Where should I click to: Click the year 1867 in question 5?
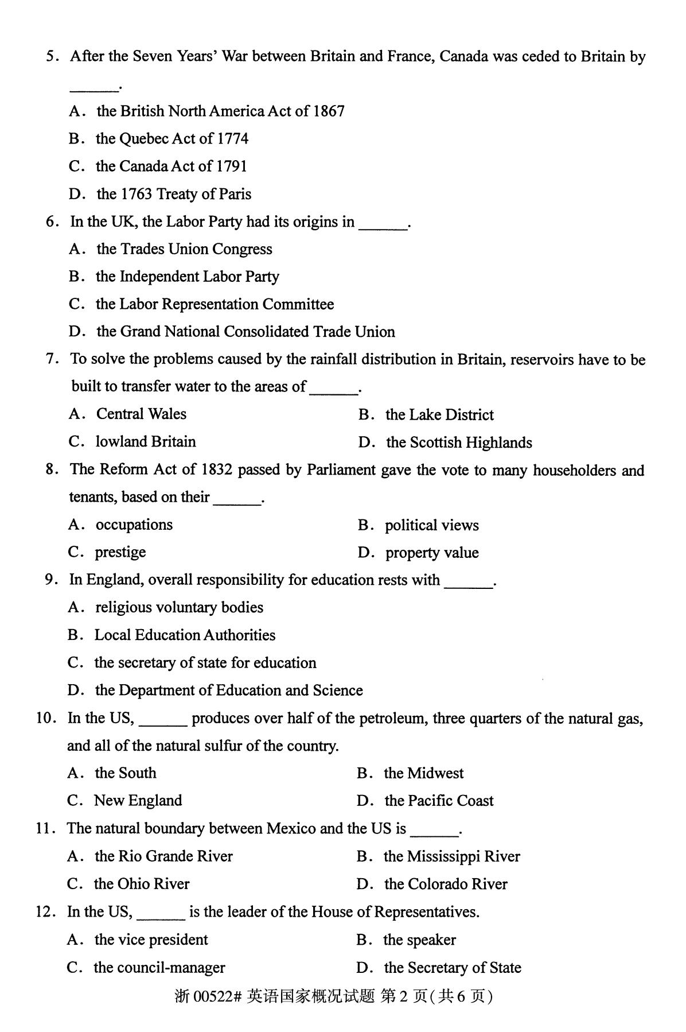point(329,111)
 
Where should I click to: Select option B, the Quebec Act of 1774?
point(172,139)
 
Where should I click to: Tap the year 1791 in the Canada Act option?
point(232,166)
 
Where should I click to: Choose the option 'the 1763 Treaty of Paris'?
point(174,194)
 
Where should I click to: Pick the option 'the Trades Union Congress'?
point(184,249)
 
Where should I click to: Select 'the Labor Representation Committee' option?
point(215,304)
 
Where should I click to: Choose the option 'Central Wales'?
point(141,414)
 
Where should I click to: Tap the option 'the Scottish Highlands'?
point(459,443)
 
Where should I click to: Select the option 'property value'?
point(432,553)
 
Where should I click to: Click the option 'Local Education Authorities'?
point(185,635)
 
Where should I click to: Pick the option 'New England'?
point(138,801)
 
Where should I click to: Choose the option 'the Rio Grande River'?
point(163,856)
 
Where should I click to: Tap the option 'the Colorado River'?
point(446,884)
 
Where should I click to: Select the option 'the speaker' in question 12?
point(419,940)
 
